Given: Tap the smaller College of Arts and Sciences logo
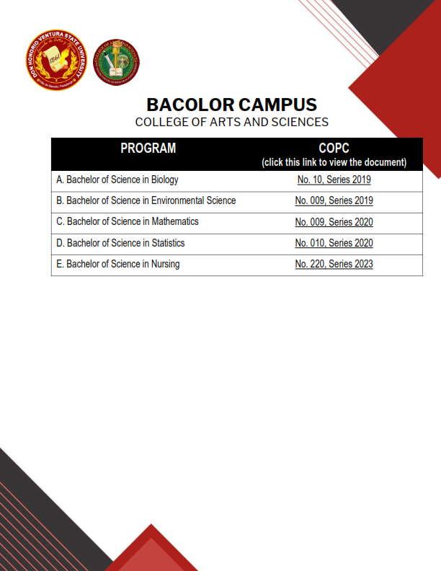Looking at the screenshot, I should (x=117, y=62).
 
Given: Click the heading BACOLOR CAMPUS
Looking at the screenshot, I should (x=231, y=104).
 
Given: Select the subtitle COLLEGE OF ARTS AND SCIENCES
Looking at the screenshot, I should (x=231, y=122).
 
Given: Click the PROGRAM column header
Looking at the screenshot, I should (x=148, y=149).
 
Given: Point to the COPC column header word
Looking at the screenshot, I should (x=334, y=149).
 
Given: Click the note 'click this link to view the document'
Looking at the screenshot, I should (x=334, y=162).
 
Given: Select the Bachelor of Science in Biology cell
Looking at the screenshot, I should (x=117, y=180).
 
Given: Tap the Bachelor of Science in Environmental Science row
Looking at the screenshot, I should (x=146, y=200).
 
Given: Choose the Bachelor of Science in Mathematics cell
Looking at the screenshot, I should (x=128, y=221).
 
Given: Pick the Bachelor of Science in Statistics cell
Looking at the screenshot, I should (x=120, y=243).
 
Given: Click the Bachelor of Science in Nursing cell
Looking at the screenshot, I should (x=118, y=264).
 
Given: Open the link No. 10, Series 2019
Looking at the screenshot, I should (x=334, y=180).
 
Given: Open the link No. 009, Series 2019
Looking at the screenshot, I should (x=334, y=200).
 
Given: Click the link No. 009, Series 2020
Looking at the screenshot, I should (x=334, y=222).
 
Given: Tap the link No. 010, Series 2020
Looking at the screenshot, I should (x=334, y=243).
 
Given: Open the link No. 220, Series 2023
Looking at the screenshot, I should (x=334, y=264).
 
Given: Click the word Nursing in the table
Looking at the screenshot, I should (x=166, y=264).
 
